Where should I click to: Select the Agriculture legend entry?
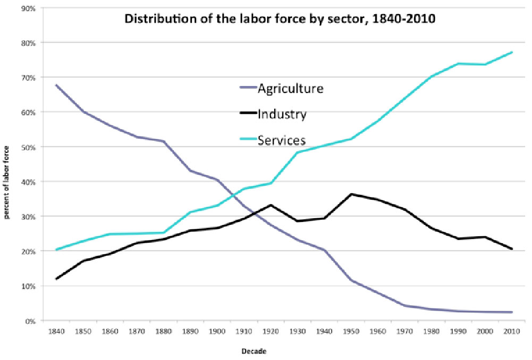click(290, 88)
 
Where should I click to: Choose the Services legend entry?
click(282, 140)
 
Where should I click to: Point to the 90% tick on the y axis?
click(28, 8)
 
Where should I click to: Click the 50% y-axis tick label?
click(28, 147)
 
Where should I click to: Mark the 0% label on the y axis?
click(30, 321)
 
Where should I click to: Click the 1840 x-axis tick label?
click(55, 331)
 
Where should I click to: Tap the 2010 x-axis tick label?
click(511, 331)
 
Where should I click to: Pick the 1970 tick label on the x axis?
click(403, 331)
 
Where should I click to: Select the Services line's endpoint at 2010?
click(511, 52)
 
